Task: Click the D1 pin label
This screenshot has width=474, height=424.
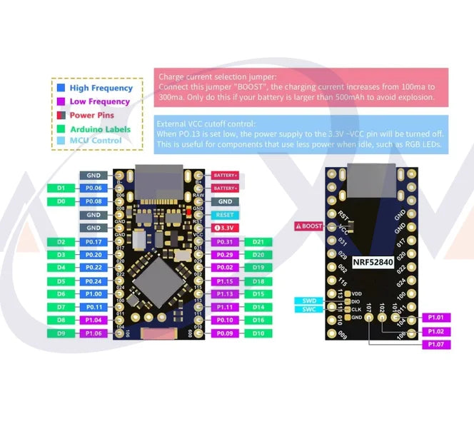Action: point(61,188)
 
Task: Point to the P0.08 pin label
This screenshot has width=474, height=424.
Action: point(94,201)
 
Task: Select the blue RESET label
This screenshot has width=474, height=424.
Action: point(225,215)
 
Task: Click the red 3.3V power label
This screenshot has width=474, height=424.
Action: point(225,228)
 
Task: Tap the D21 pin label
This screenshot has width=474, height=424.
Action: point(258,241)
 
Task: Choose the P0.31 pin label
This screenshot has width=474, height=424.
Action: point(226,241)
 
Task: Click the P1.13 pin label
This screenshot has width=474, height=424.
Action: point(226,294)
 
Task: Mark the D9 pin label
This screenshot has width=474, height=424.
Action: point(61,333)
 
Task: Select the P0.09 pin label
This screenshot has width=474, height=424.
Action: point(226,333)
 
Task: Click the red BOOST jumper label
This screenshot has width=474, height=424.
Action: point(310,226)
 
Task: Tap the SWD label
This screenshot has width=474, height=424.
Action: point(309,301)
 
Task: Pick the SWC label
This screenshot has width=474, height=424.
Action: point(309,309)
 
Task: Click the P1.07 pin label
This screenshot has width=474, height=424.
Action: point(435,345)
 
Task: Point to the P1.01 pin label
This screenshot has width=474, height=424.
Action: point(435,317)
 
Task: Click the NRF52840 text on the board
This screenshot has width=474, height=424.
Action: point(372,262)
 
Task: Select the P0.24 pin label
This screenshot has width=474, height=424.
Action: point(94,281)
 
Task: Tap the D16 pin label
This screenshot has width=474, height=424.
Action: point(258,320)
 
